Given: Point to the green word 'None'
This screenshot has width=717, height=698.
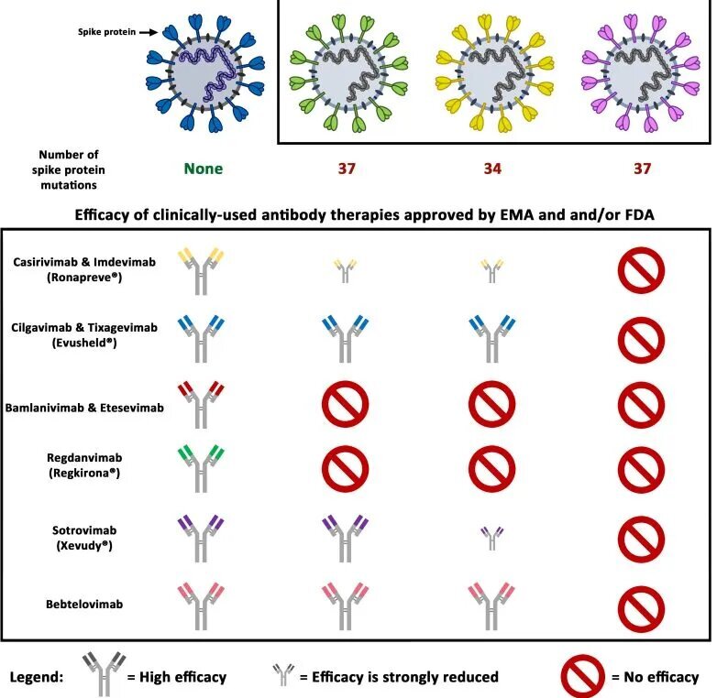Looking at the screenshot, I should click(203, 169).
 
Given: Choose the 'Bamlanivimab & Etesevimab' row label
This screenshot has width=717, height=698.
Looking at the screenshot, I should click(86, 409).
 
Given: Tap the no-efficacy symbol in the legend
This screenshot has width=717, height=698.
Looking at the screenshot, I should click(586, 677).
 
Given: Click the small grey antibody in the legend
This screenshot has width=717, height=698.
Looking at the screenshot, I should click(285, 678).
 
